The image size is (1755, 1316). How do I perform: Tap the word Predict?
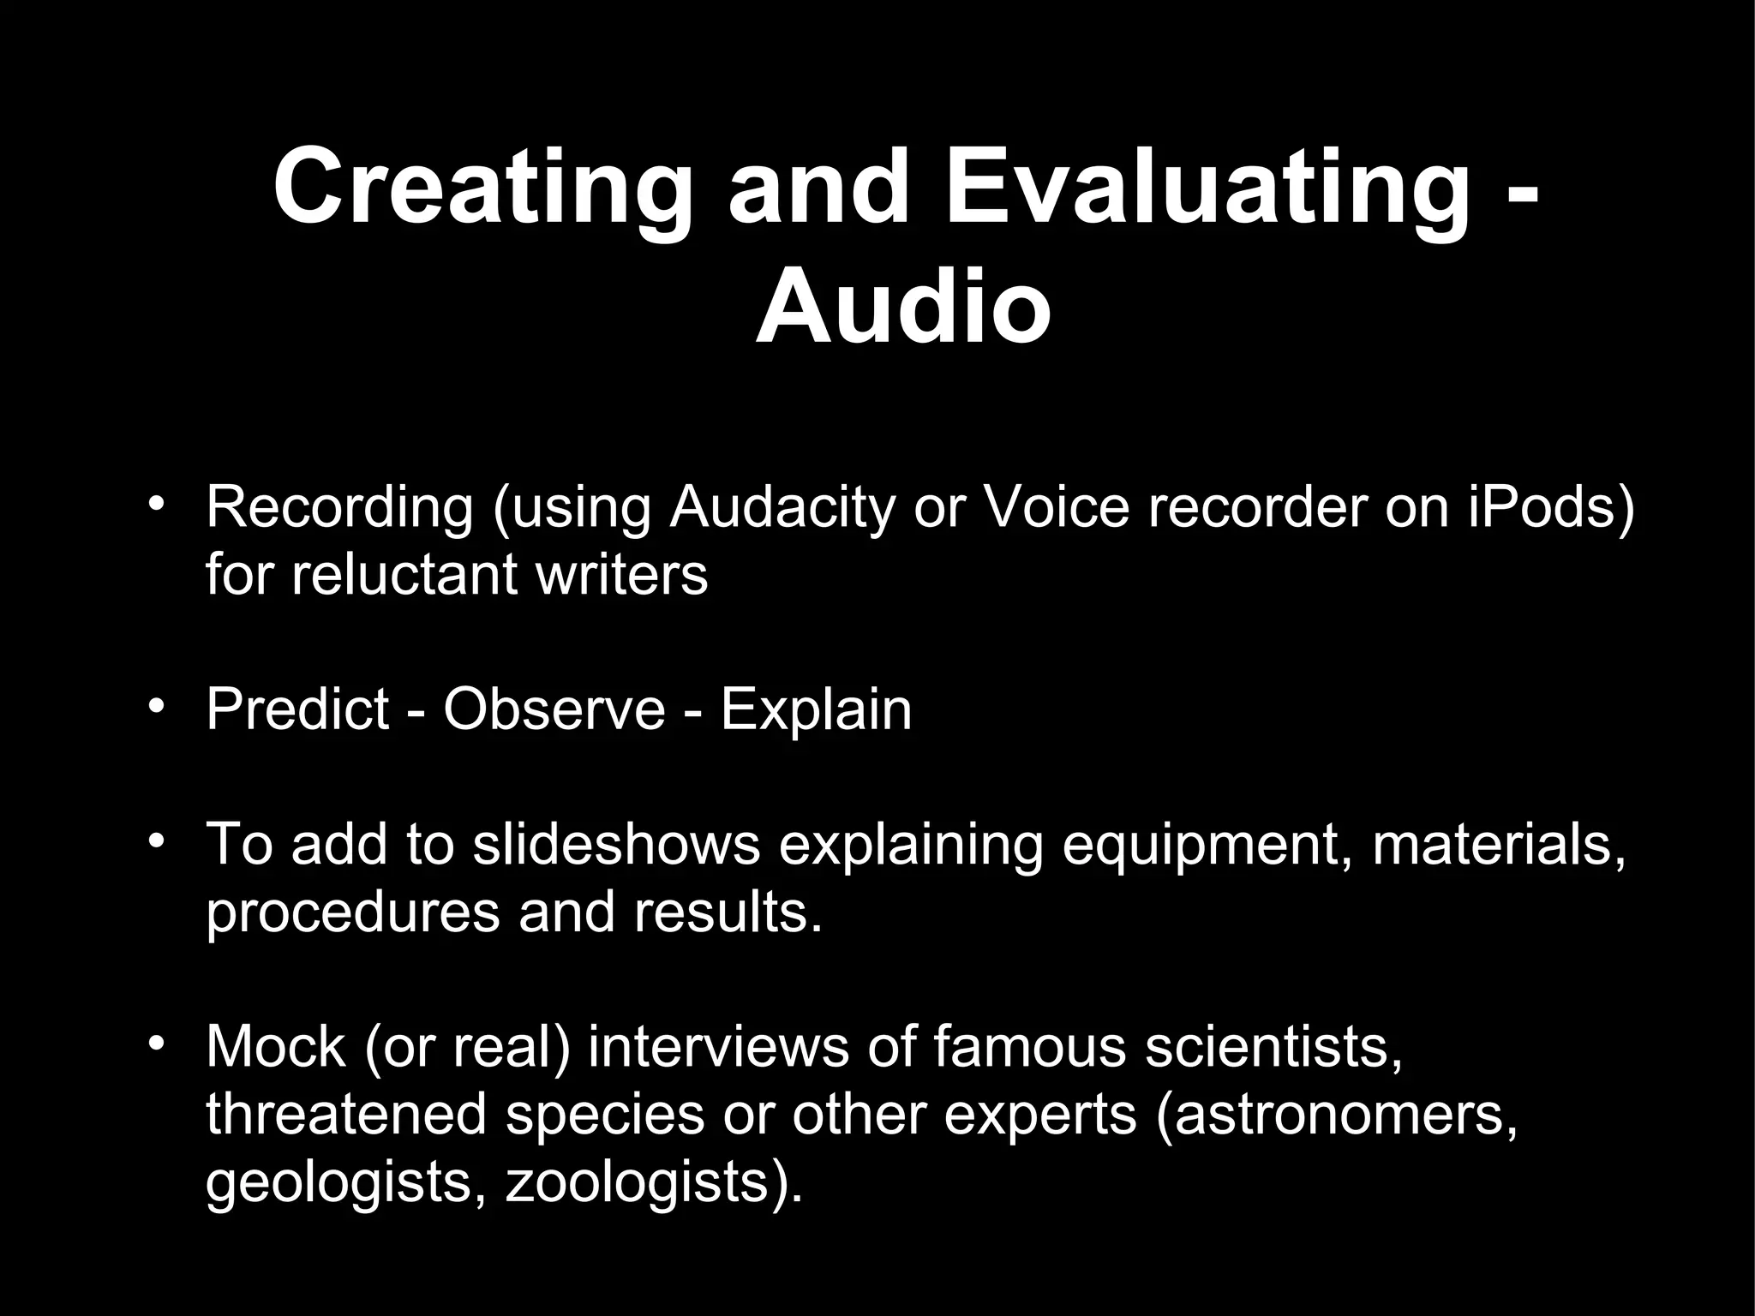point(297,709)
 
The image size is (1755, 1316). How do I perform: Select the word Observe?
point(554,709)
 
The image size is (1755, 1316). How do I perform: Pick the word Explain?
point(816,709)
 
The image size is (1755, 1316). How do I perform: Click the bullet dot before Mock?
point(154,1043)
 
